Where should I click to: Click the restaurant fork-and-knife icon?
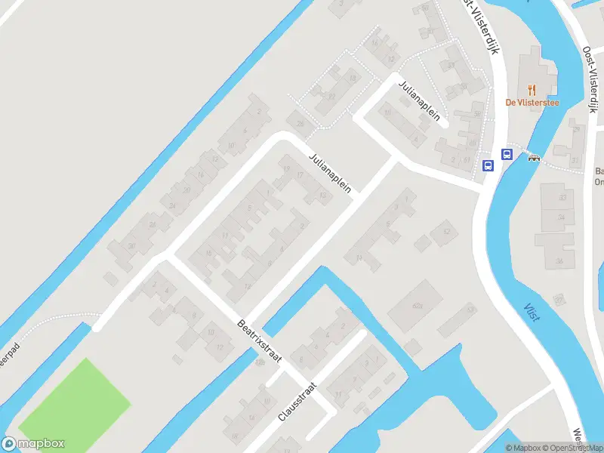532,89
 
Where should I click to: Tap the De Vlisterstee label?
532,103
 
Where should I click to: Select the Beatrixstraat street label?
259,341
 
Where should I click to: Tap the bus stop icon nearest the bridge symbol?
506,155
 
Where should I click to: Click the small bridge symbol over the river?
535,158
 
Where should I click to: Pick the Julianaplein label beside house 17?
330,173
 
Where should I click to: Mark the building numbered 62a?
418,305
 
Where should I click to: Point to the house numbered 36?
559,261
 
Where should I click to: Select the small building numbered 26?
300,124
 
